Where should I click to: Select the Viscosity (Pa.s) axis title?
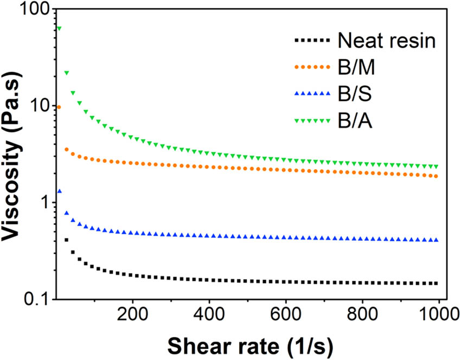13,155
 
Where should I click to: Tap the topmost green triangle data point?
59,29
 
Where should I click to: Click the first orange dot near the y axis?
59,107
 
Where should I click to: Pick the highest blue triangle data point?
59,191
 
